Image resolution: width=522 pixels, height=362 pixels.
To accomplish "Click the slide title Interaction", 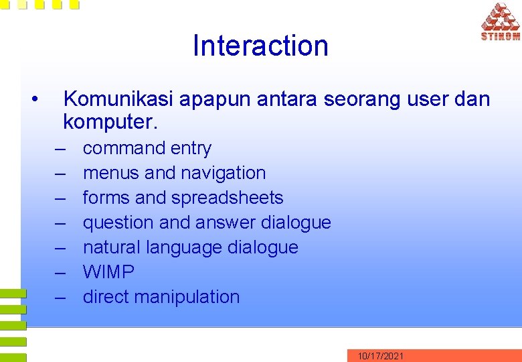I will [x=260, y=46].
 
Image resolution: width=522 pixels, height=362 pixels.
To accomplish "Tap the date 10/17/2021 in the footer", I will [x=380, y=356].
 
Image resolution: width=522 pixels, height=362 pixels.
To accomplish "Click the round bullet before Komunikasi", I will [x=34, y=100].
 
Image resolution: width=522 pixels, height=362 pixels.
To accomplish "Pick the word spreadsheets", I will [x=228, y=198].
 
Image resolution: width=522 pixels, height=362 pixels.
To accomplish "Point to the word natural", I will [x=110, y=247].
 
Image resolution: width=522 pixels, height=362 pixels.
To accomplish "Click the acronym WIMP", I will [x=108, y=272].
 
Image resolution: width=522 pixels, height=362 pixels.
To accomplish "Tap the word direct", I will [x=105, y=297].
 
